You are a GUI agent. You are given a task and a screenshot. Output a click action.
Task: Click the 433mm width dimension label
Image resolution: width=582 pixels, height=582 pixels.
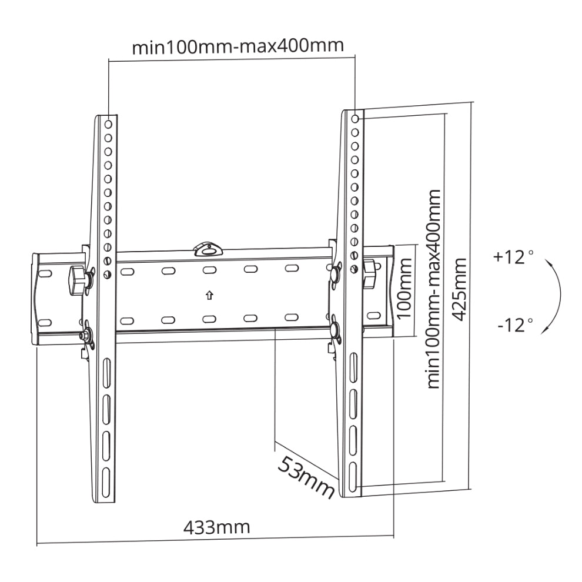coord(216,527)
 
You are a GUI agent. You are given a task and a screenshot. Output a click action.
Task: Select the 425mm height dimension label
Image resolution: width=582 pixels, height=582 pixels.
coord(460,289)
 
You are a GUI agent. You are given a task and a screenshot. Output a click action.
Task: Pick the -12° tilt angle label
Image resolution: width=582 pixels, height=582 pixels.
coord(516,325)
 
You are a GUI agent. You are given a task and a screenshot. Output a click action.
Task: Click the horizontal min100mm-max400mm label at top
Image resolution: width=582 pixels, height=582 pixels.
coord(238,46)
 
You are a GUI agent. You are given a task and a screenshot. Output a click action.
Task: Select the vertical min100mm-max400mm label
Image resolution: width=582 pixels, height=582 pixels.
coord(433,289)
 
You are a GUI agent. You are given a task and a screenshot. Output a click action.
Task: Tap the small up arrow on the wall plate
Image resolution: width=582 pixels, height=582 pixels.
coord(209,296)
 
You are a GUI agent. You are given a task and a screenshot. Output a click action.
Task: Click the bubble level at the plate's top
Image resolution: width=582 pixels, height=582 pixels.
coord(208,249)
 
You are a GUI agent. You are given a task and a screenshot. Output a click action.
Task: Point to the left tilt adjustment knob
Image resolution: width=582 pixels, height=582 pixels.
coord(77,280)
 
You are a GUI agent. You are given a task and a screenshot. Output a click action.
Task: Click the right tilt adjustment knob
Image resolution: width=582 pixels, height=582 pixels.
coord(369,275)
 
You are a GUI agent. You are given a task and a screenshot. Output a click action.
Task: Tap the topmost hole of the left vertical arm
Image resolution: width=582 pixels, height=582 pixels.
coord(108,124)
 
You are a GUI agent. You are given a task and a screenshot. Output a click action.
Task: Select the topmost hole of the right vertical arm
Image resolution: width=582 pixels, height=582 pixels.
coord(355,119)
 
